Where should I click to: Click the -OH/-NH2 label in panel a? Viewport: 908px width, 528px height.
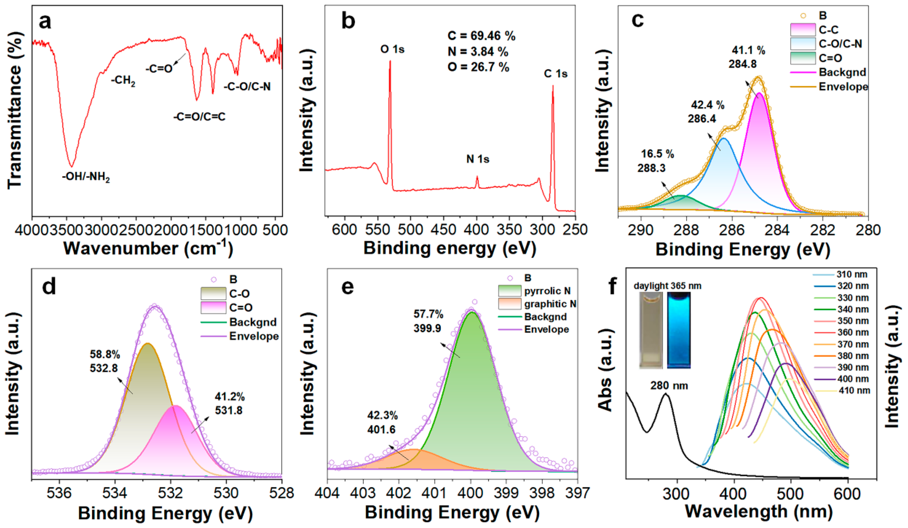(x=86, y=178)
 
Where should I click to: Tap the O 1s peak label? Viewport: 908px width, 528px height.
(x=392, y=49)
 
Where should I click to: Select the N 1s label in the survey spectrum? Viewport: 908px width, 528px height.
(x=478, y=159)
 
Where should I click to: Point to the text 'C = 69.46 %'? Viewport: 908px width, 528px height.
(x=481, y=36)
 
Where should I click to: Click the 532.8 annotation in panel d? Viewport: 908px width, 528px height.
(x=104, y=368)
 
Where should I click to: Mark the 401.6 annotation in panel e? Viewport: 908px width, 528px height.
(x=381, y=429)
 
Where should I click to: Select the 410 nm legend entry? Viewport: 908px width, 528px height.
(x=841, y=390)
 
